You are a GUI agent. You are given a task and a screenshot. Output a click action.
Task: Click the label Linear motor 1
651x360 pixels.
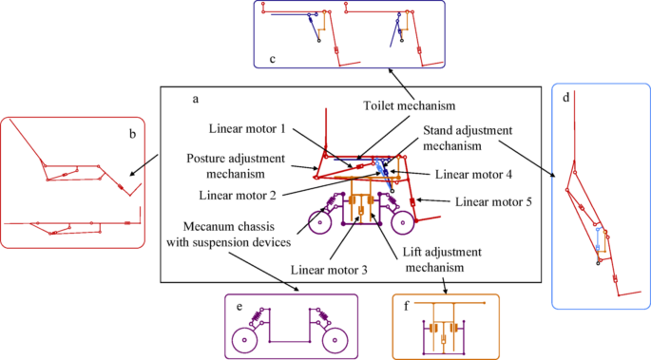pyautogui.click(x=247, y=128)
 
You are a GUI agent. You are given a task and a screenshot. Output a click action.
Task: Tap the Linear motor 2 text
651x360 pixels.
pyautogui.click(x=238, y=195)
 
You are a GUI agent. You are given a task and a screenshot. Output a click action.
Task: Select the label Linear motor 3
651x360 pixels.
pyautogui.click(x=329, y=270)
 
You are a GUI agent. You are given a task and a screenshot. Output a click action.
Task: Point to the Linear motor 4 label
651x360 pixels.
pyautogui.click(x=473, y=174)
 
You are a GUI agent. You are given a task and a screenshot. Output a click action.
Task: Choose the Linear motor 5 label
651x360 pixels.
pyautogui.click(x=493, y=202)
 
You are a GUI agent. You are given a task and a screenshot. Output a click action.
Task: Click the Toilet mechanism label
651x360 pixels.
pyautogui.click(x=410, y=105)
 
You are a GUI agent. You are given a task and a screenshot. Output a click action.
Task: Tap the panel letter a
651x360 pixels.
pyautogui.click(x=196, y=99)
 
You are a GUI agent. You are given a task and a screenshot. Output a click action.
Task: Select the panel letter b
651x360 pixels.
pyautogui.click(x=132, y=134)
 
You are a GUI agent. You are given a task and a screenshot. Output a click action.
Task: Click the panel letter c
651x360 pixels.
pyautogui.click(x=273, y=59)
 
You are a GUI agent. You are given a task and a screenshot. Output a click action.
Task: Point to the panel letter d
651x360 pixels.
pyautogui.click(x=565, y=98)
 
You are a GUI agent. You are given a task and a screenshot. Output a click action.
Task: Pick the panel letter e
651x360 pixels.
pyautogui.click(x=239, y=307)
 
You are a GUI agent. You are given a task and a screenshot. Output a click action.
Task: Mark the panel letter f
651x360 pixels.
pyautogui.click(x=407, y=306)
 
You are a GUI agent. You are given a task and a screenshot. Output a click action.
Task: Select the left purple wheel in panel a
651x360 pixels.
pyautogui.click(x=309, y=223)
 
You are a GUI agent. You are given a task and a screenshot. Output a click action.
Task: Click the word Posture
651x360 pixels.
pyautogui.click(x=205, y=159)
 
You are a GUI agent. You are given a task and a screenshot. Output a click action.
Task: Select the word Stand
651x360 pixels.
pyautogui.click(x=437, y=130)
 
